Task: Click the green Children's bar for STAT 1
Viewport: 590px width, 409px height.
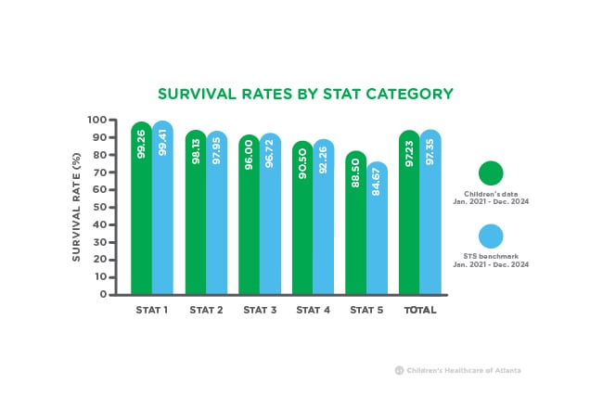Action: click(x=142, y=208)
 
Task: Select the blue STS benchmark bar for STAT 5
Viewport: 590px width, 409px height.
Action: click(x=377, y=228)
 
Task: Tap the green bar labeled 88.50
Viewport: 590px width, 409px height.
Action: click(x=355, y=223)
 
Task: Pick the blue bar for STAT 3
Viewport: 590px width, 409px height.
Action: click(x=270, y=213)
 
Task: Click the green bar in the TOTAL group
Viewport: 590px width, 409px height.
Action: click(x=409, y=212)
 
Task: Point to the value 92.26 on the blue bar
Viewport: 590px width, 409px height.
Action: click(x=323, y=160)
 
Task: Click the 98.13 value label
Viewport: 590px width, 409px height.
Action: click(x=196, y=151)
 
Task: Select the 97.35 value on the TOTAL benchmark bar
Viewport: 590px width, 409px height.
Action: click(x=430, y=151)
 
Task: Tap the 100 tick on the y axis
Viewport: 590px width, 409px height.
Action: click(x=97, y=120)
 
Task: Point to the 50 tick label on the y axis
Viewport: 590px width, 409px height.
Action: click(x=99, y=208)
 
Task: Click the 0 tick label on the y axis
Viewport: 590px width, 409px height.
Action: click(x=104, y=295)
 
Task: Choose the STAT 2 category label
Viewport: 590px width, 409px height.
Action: click(x=206, y=310)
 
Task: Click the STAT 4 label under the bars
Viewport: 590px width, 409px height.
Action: click(x=313, y=310)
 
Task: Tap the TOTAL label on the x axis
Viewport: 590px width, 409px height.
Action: click(x=420, y=310)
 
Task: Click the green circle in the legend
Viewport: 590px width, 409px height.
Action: click(x=491, y=173)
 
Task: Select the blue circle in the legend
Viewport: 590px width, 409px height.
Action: click(x=491, y=236)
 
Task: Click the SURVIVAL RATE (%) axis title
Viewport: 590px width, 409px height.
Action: click(x=76, y=207)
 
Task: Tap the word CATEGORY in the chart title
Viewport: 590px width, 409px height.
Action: click(x=409, y=94)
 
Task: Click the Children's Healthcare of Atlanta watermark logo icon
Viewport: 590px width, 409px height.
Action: click(x=399, y=370)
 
